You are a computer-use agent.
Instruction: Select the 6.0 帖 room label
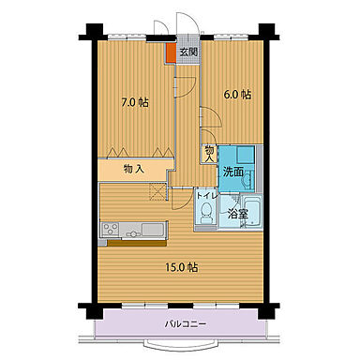click(236, 94)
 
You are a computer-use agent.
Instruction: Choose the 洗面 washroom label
click(233, 172)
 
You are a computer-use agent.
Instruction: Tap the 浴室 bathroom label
click(238, 215)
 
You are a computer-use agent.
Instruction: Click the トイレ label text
click(206, 196)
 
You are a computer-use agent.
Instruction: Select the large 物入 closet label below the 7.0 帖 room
click(133, 169)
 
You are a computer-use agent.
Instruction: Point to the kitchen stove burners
click(111, 230)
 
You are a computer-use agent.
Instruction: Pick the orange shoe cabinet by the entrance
click(171, 52)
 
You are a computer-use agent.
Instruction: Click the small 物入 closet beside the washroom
click(209, 152)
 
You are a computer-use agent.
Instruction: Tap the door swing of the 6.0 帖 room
click(209, 122)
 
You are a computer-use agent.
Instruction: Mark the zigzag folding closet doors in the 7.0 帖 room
click(139, 151)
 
